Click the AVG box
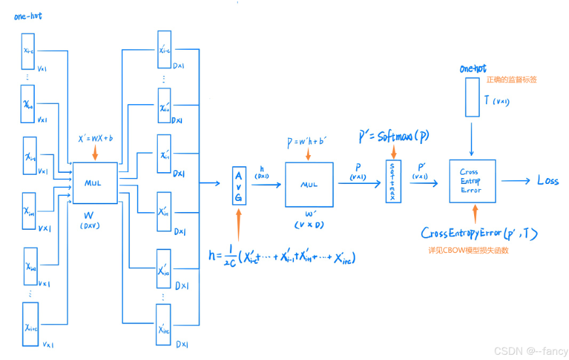[x=238, y=185]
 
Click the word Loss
[x=547, y=181]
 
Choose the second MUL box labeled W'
[x=308, y=184]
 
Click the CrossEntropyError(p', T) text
[x=480, y=234]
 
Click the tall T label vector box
[x=471, y=98]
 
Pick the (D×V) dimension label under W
[x=92, y=226]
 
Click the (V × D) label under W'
[x=308, y=225]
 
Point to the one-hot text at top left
[x=28, y=16]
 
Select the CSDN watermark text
[x=529, y=351]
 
